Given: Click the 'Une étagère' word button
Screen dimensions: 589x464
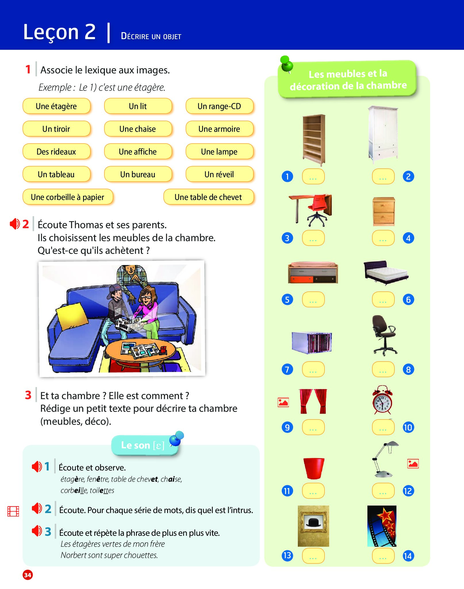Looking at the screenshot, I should tap(56, 106).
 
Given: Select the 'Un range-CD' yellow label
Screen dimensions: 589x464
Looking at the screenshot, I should tap(219, 106).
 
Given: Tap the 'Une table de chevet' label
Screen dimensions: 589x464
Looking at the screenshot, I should tap(208, 197).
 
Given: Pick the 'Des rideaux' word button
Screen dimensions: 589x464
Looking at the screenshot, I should tap(56, 152).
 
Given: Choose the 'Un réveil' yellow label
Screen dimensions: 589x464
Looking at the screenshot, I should tap(219, 174).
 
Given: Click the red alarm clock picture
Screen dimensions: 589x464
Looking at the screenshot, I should tap(382, 400).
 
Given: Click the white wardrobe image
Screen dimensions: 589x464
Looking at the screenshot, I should tap(383, 135).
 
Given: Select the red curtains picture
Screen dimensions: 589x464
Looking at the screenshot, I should tap(313, 401).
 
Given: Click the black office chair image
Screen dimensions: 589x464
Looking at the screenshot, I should tap(384, 335).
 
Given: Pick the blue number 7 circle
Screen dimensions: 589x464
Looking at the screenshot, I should tap(287, 369).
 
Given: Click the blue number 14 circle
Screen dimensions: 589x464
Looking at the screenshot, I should tap(408, 556).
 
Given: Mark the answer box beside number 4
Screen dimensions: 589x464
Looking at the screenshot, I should tap(383, 238).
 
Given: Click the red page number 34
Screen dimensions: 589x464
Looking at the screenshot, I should tap(28, 575).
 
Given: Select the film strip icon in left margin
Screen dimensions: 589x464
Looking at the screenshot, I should tap(13, 511).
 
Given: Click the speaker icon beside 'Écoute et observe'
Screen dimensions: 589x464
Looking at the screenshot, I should tap(37, 466).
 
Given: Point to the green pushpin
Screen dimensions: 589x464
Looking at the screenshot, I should tap(286, 64).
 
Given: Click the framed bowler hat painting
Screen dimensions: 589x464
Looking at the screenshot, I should tap(313, 526).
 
